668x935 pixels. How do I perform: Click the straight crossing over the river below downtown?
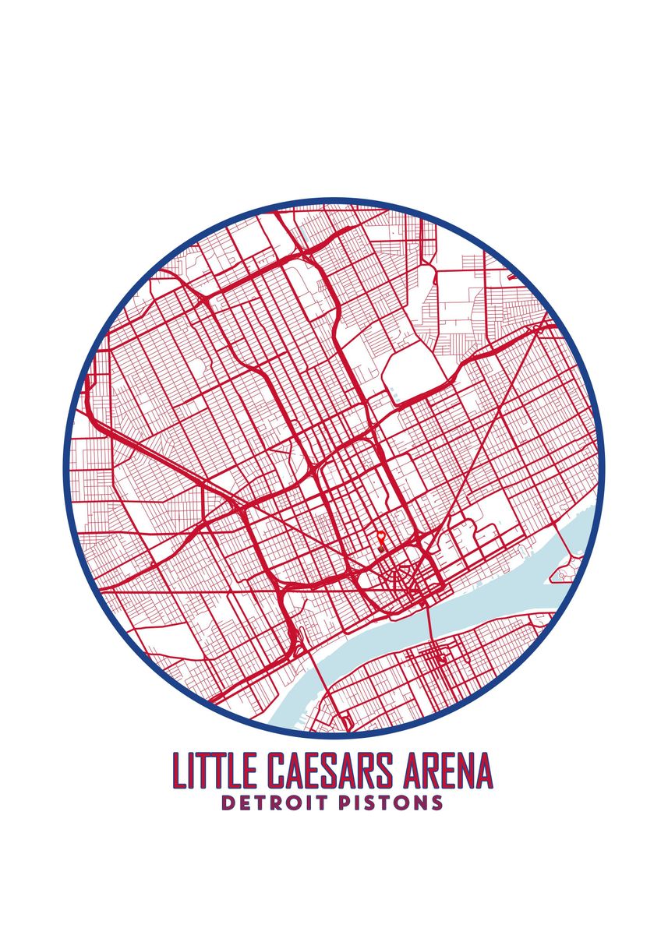click(428, 624)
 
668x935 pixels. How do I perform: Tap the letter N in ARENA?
click(465, 771)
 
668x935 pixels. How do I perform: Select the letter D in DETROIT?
click(227, 803)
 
